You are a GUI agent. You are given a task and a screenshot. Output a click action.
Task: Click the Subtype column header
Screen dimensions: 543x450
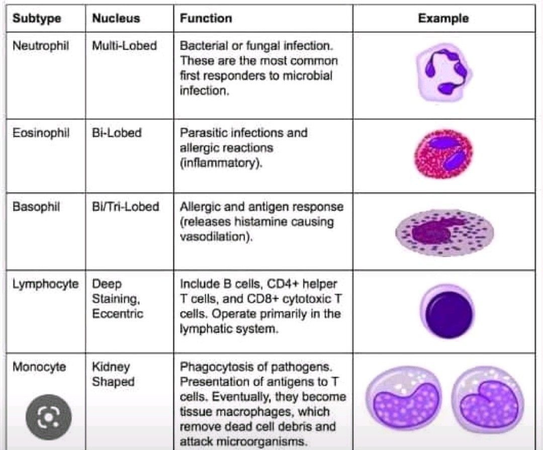[x=37, y=19]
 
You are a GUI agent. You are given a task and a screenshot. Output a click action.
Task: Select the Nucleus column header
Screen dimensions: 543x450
[x=116, y=19]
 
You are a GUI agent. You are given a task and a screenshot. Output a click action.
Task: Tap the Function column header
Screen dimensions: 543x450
[x=206, y=19]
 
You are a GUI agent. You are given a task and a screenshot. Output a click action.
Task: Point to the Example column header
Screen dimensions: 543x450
[x=443, y=19]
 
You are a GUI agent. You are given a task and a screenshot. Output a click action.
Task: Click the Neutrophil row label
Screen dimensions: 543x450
[x=41, y=46]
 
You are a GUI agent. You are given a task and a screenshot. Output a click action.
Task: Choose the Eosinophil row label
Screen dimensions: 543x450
[x=41, y=133]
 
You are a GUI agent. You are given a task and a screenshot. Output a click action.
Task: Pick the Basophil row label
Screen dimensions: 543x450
[x=36, y=207]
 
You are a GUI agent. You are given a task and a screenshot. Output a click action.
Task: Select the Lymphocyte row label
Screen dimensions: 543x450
[x=45, y=284]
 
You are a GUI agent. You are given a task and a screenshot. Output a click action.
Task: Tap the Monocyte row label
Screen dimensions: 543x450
[x=39, y=367]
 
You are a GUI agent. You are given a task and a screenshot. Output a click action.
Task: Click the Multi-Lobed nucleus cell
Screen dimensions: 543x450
[x=124, y=46]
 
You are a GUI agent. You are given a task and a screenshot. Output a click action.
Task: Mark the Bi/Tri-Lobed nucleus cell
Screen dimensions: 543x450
[x=125, y=207]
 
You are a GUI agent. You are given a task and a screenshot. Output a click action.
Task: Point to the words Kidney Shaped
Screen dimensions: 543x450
[x=113, y=374]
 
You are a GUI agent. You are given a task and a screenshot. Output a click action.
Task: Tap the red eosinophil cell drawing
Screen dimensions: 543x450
[x=444, y=155]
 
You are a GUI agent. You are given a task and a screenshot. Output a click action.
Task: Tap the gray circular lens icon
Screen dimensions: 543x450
[x=49, y=415]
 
